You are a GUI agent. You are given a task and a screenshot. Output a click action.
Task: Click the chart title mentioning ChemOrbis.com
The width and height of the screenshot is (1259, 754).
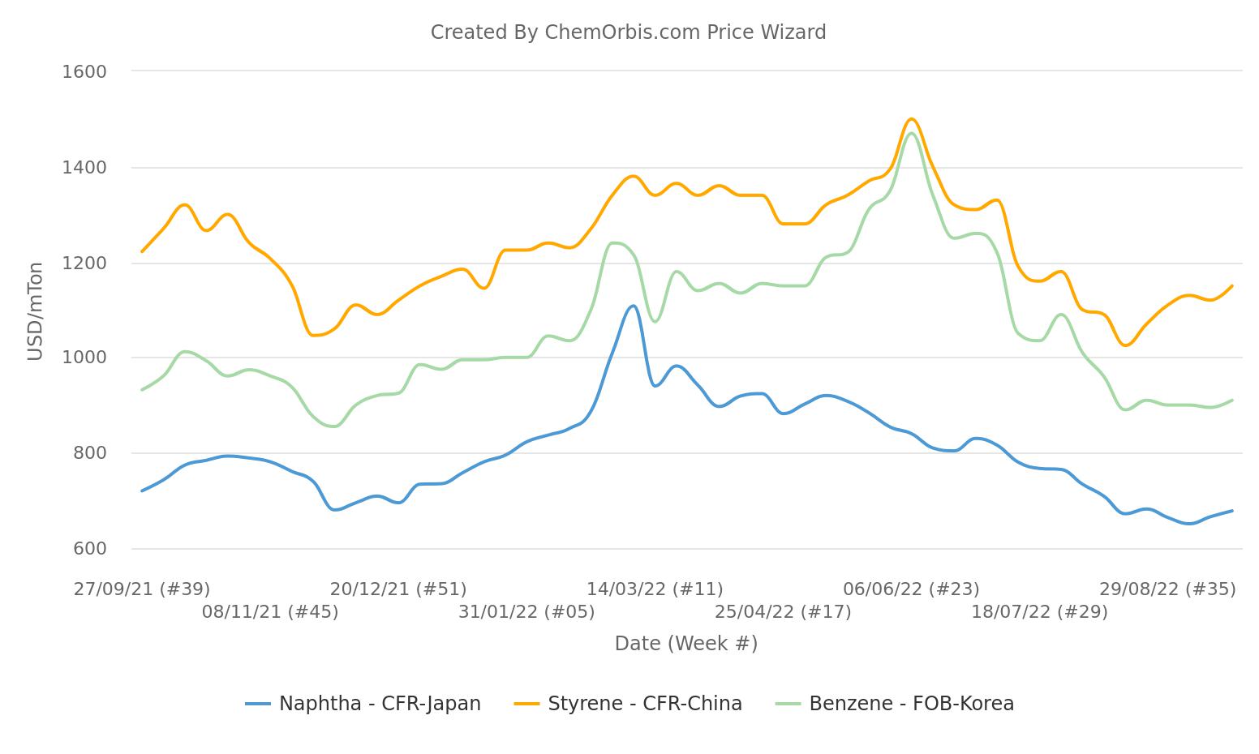coord(628,32)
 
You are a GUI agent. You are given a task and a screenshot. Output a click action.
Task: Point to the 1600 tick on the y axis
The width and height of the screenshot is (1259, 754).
coord(84,71)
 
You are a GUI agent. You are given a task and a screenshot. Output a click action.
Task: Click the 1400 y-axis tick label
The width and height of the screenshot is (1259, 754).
coord(84,168)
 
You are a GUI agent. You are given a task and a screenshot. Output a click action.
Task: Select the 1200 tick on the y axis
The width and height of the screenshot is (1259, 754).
coord(84,263)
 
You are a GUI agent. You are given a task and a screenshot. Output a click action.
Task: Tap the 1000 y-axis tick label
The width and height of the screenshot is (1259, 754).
coord(84,358)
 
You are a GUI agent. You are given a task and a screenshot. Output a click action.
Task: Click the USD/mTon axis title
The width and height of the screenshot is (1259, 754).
coord(35,311)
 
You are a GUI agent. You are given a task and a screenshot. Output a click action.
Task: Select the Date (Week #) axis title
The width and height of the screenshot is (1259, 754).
coord(685,644)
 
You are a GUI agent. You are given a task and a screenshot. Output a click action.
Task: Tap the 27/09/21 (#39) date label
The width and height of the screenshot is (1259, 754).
coord(142,589)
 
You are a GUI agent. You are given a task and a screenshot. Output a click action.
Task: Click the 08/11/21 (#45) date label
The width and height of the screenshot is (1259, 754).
coord(270,612)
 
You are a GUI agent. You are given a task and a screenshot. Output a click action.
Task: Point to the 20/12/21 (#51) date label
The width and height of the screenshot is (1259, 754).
coord(398,589)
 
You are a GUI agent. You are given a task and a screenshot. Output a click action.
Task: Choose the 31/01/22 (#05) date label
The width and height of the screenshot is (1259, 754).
coord(526,612)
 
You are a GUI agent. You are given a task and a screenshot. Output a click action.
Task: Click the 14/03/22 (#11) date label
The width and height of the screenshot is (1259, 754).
coord(655,589)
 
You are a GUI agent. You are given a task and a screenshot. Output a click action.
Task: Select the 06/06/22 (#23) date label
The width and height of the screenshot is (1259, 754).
coord(911,589)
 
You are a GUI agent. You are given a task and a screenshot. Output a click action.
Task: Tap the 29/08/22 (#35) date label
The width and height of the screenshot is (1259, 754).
coord(1167,589)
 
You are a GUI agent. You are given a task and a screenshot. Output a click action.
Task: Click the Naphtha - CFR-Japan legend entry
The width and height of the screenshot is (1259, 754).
coord(363,704)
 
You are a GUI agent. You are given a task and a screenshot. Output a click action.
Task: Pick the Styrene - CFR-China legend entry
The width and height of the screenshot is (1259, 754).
coord(629,704)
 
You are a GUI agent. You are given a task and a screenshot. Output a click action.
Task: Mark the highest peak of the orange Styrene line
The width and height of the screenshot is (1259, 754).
coord(911,119)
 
